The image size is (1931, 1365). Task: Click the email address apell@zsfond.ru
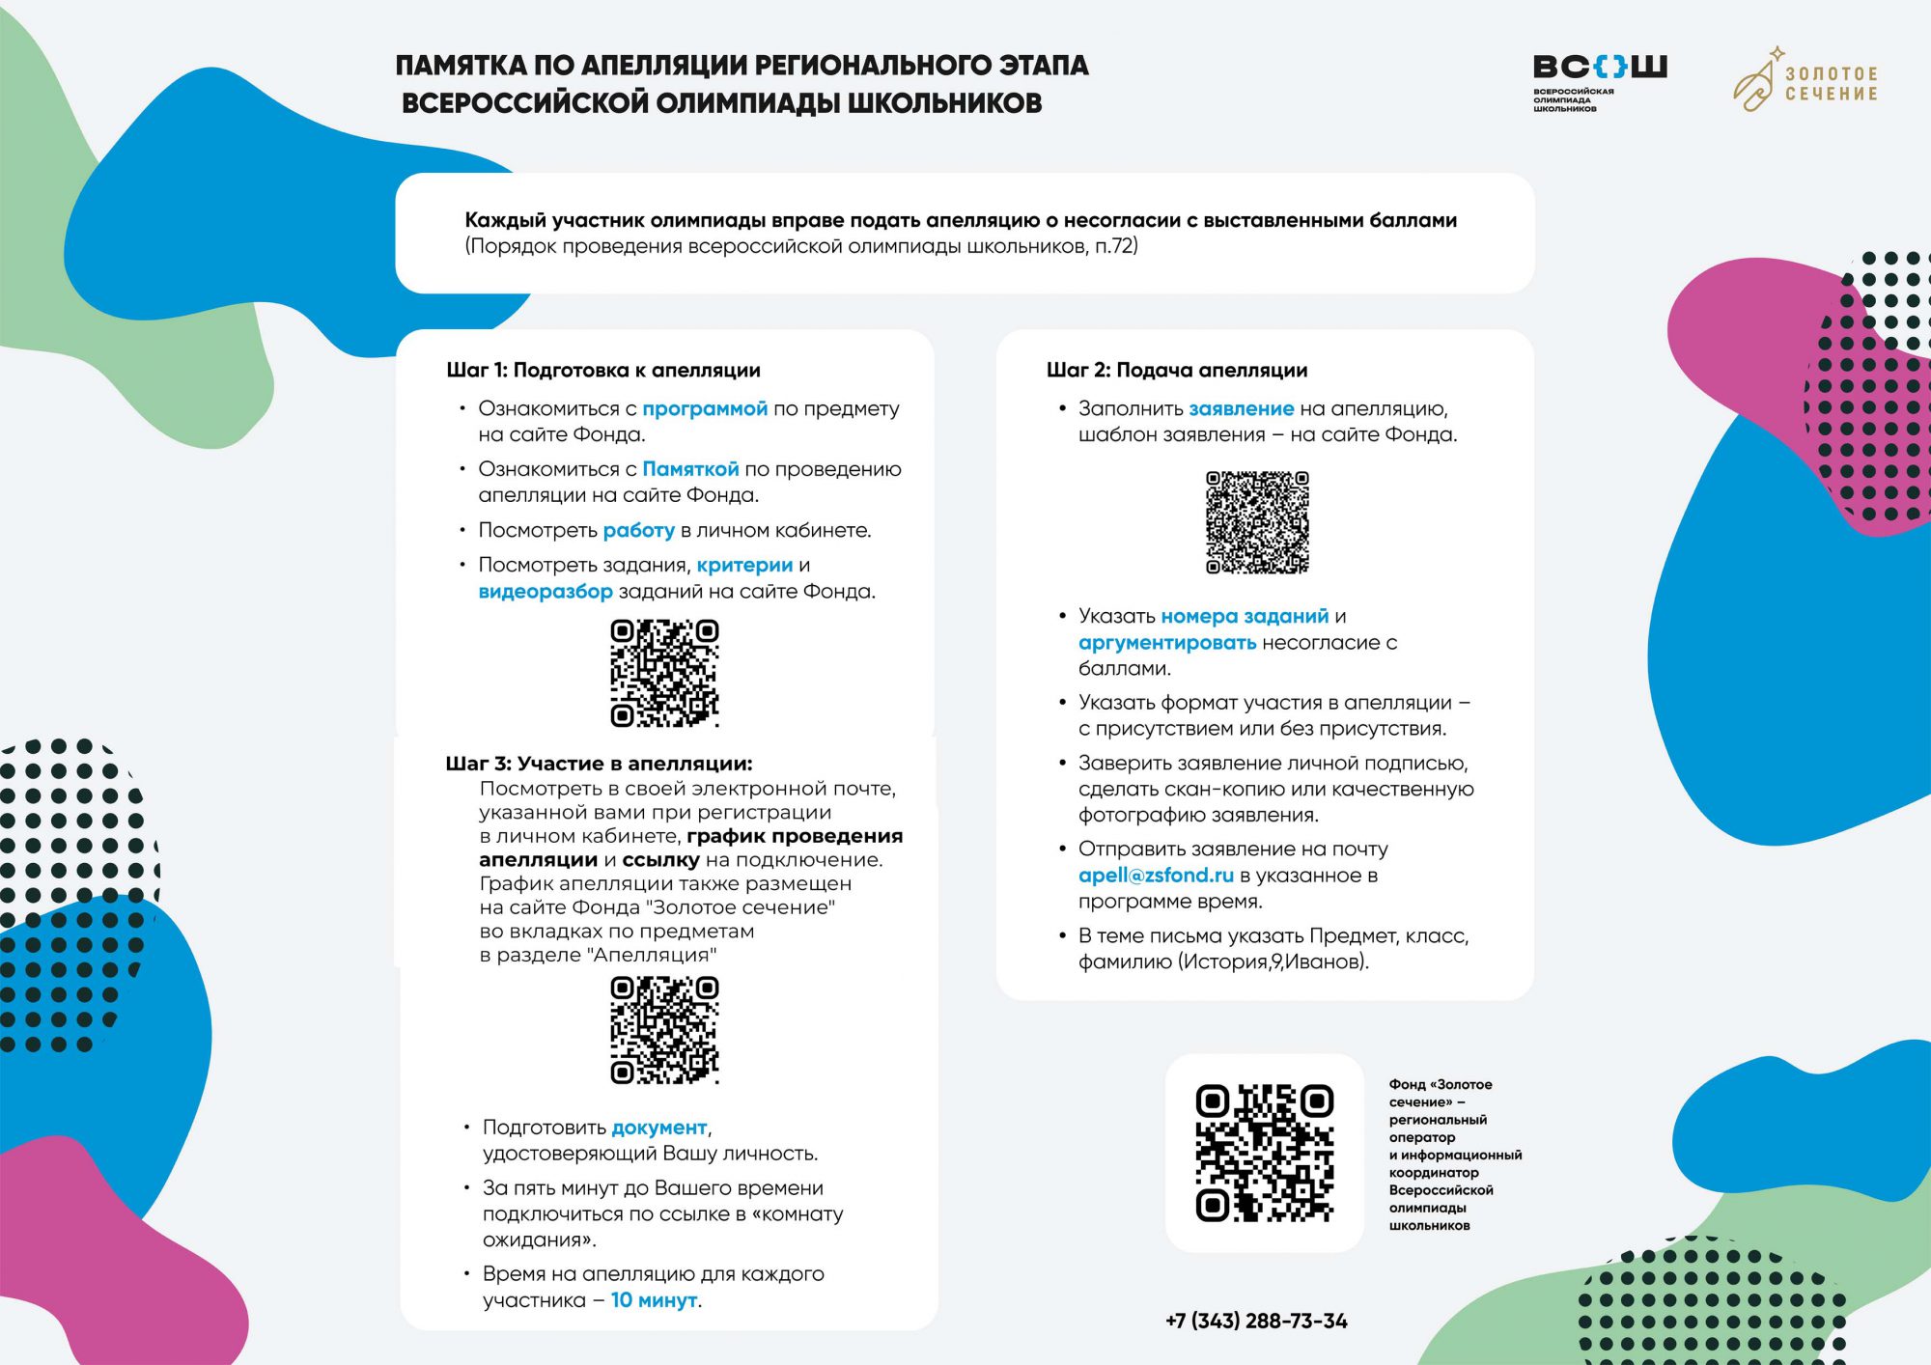[x=1156, y=876]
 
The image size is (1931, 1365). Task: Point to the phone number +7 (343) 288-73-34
[x=1256, y=1321]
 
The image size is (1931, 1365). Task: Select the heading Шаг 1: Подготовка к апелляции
[x=603, y=371]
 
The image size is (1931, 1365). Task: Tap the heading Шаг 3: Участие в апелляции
[x=599, y=764]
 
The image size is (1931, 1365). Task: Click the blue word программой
[x=705, y=409]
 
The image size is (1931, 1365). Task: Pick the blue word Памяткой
[x=690, y=469]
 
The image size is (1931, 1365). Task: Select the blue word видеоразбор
[x=546, y=592]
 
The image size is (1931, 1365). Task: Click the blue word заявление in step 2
[x=1241, y=409]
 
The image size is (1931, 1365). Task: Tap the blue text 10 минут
[x=655, y=1300]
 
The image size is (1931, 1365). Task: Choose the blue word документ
[x=659, y=1128]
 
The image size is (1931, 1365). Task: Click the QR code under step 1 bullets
[x=664, y=673]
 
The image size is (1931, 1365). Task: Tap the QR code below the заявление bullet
[x=1257, y=522]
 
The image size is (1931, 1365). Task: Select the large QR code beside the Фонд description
[x=1264, y=1153]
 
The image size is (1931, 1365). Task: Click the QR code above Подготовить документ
[x=664, y=1030]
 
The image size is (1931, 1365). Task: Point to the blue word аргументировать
[x=1167, y=643]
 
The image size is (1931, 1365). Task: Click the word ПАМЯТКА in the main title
[x=462, y=66]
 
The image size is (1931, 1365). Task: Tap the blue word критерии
[x=744, y=566]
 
